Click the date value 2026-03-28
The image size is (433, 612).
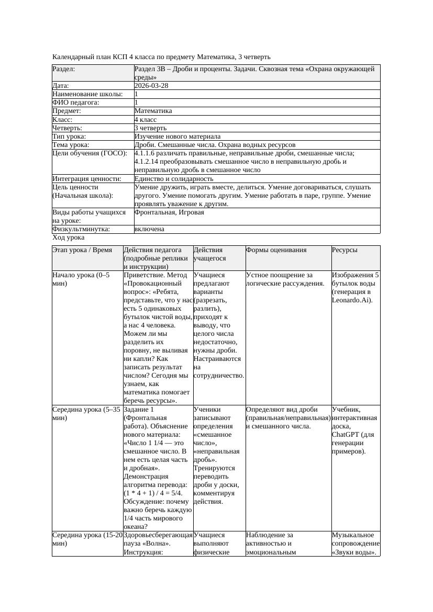151,86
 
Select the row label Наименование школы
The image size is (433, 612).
87,94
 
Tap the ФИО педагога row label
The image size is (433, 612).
76,103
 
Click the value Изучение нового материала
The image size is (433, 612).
177,137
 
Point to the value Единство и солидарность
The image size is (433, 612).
174,179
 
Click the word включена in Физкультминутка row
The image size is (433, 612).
149,229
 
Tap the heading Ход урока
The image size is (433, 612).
69,237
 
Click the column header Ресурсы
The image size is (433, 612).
345,250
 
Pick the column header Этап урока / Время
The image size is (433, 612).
82,250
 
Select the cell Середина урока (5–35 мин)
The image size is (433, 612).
86,414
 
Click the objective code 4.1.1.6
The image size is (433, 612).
148,153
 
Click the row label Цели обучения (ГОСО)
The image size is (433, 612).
90,153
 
